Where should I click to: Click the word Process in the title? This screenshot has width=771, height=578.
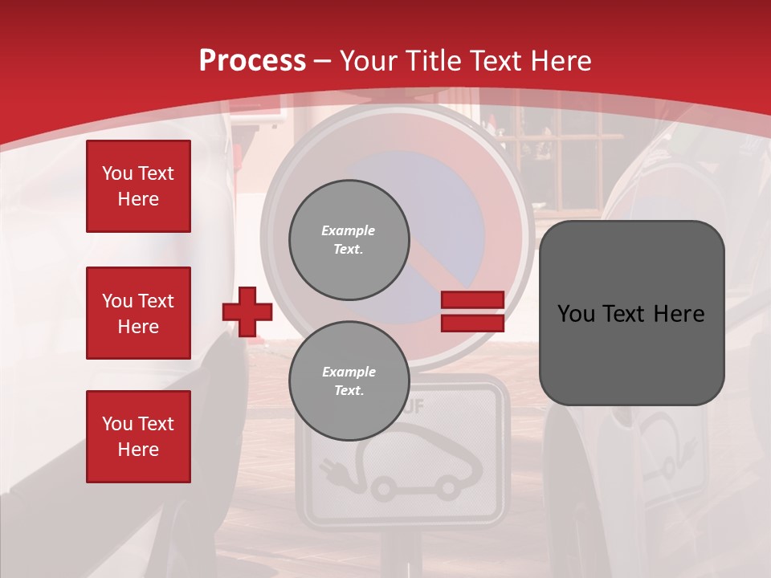pos(252,61)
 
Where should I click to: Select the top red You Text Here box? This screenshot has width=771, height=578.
pos(138,186)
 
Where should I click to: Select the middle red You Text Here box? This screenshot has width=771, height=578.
pos(138,313)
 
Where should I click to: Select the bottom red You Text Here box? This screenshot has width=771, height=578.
pos(138,436)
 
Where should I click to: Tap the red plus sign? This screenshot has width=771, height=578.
pos(247,311)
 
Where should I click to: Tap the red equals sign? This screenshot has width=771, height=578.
pos(472,311)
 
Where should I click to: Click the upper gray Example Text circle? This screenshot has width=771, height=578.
pos(349,239)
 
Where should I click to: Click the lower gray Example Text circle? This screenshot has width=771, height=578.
pos(349,381)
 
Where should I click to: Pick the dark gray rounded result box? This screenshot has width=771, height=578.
pos(631,312)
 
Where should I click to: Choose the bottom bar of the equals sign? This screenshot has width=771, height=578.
pos(472,323)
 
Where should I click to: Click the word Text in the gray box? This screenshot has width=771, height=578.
pos(628,314)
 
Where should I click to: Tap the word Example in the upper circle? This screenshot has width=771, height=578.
pos(349,230)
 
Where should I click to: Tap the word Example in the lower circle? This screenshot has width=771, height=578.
pos(349,372)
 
